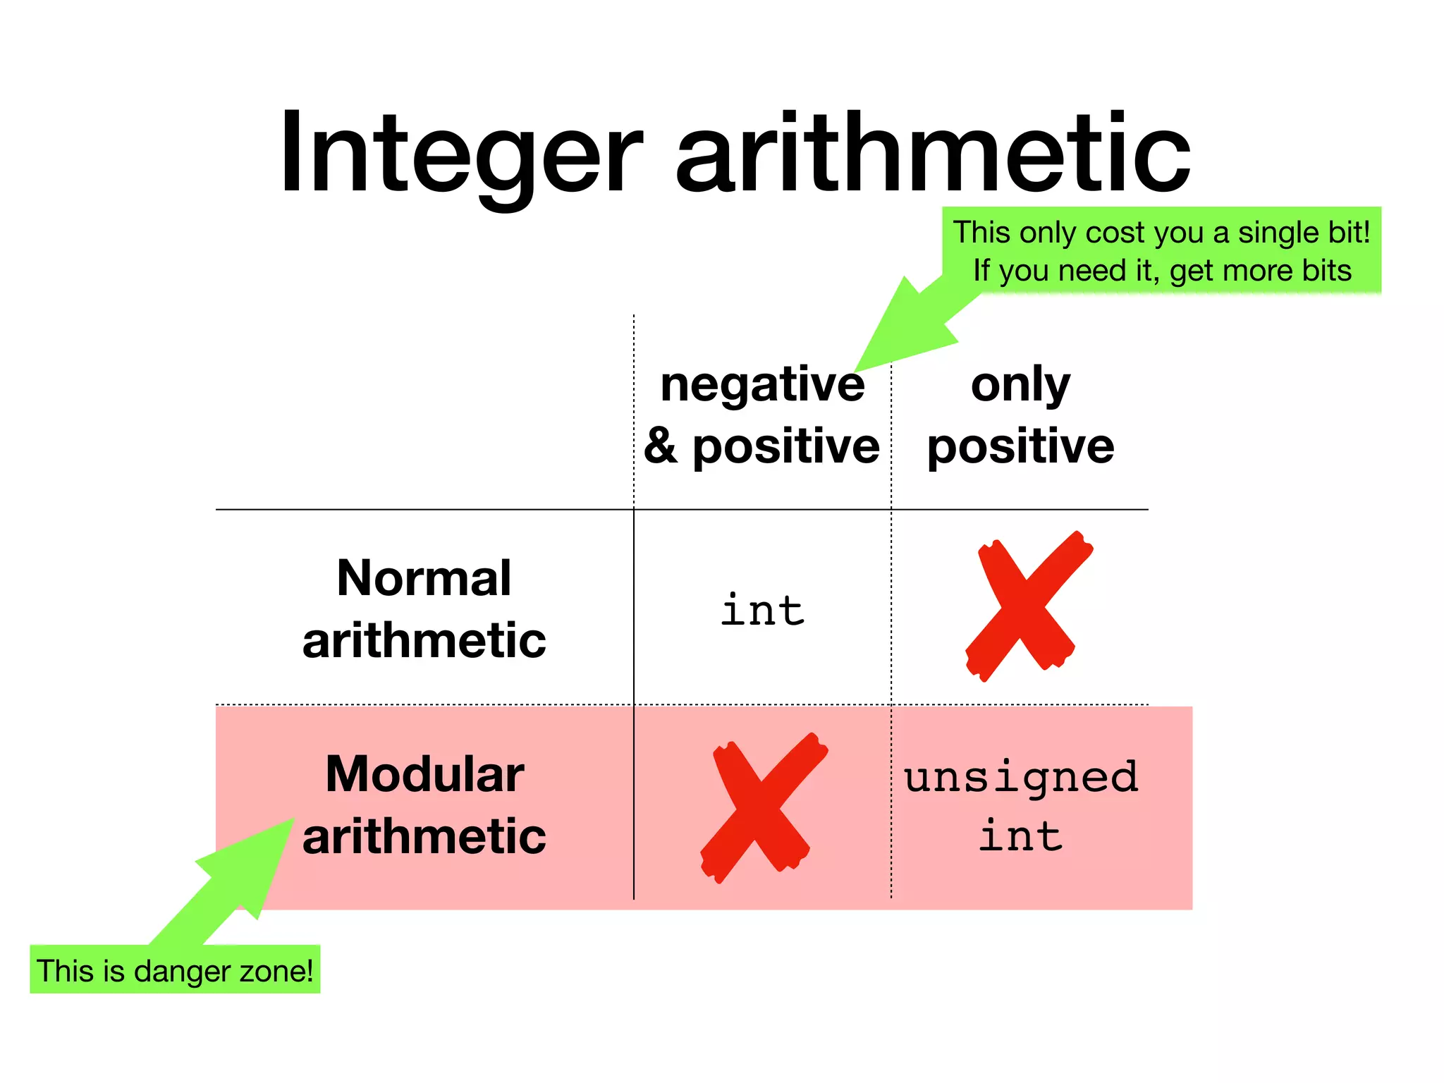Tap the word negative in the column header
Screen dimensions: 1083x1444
click(762, 385)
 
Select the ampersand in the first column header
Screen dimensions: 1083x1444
click(661, 446)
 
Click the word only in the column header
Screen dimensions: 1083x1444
click(1020, 385)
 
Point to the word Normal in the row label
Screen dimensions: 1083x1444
click(424, 578)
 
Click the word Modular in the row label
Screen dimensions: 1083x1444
click(424, 774)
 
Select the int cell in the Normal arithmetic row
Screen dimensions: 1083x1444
click(762, 610)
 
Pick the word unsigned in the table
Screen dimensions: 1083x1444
click(1021, 777)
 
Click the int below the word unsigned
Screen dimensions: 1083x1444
click(1020, 837)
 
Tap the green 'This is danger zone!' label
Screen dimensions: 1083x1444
click(175, 970)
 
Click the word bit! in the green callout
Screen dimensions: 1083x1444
click(1347, 233)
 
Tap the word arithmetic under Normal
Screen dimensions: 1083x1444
click(424, 640)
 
